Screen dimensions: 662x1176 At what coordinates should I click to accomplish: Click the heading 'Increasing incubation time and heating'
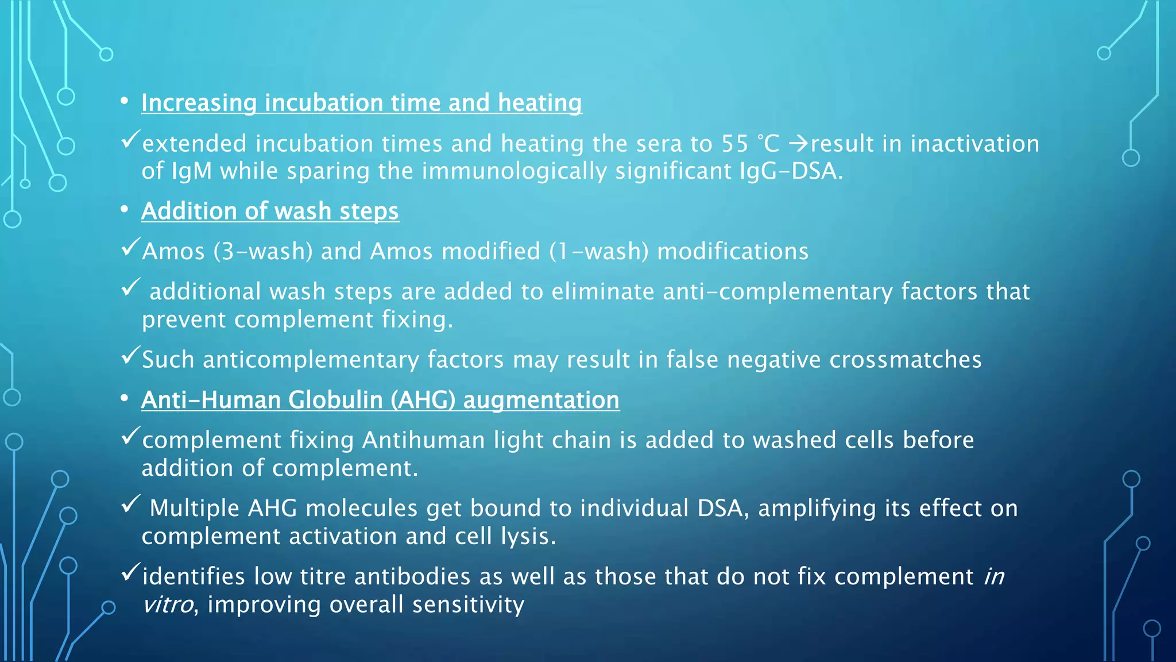click(361, 103)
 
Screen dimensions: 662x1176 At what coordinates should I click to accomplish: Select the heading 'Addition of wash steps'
click(270, 211)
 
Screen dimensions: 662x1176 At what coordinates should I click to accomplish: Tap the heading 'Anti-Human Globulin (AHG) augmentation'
click(380, 401)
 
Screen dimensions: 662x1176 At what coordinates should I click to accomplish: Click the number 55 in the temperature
click(735, 144)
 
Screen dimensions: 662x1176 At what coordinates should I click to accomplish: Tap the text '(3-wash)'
click(262, 252)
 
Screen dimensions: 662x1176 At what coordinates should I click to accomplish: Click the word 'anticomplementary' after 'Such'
click(311, 360)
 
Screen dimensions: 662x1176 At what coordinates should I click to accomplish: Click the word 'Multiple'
click(195, 509)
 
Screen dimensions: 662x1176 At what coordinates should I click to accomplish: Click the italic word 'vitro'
click(167, 605)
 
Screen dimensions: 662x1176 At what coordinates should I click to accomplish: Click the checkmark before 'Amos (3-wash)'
click(130, 248)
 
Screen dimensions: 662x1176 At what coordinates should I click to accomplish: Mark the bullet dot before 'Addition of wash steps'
click(125, 210)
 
